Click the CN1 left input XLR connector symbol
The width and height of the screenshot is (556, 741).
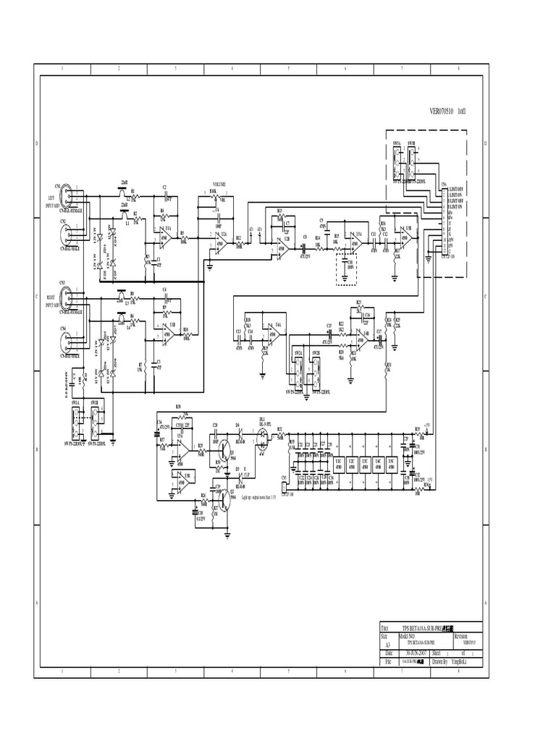tap(65, 194)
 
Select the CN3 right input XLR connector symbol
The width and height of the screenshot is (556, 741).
tap(65, 296)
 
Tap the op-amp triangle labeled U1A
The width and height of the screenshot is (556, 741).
tap(164, 237)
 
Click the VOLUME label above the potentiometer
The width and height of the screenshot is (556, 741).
tap(219, 185)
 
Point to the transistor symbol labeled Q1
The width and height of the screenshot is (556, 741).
tap(229, 452)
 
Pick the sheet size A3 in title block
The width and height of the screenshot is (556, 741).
tap(387, 644)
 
